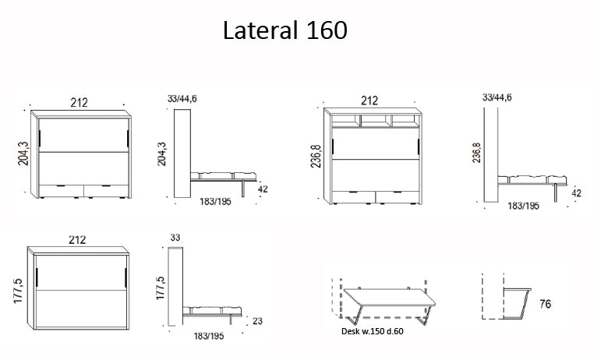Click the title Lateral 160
pos(285,30)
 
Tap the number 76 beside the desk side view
pos(545,305)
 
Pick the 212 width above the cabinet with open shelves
pos(369,101)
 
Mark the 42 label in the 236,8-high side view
pos(577,193)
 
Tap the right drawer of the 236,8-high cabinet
pos(398,195)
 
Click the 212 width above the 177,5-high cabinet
pos(77,239)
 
